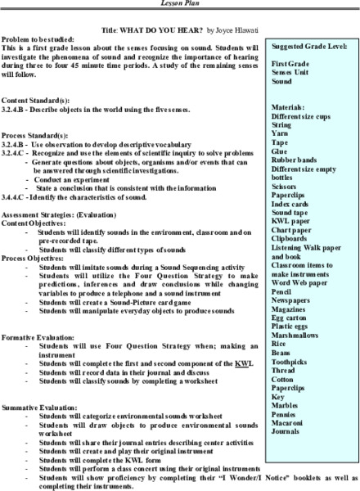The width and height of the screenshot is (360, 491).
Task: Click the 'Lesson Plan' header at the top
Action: pos(180,4)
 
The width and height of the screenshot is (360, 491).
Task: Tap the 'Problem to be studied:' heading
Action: pos(35,38)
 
